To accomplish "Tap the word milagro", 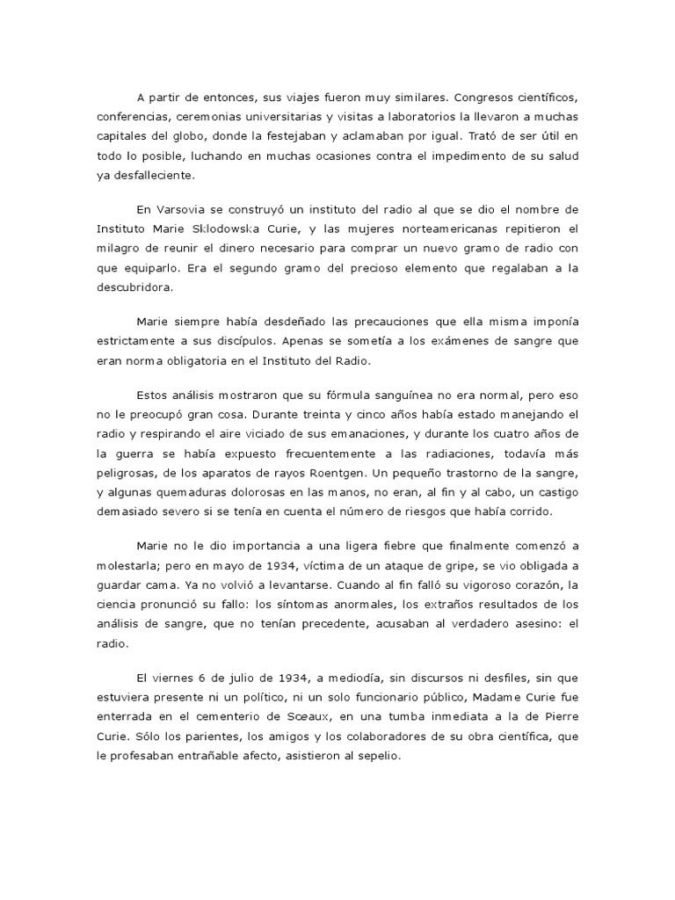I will click(x=120, y=249).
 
